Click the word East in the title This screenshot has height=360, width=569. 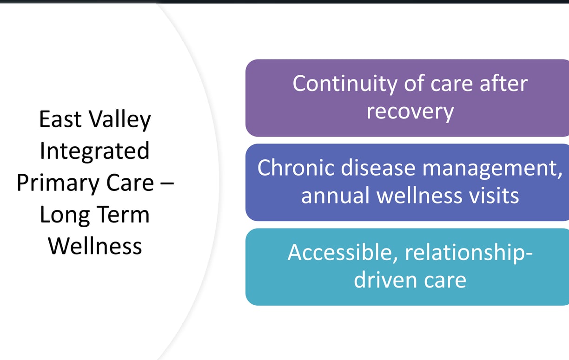click(60, 119)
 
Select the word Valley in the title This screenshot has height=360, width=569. click(119, 120)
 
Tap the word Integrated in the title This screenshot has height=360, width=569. click(94, 151)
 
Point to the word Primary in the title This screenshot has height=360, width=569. click(58, 183)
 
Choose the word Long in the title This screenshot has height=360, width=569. click(65, 215)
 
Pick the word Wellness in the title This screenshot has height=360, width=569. click(95, 246)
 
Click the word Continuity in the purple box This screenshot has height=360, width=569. click(345, 84)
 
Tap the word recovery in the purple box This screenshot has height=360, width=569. click(410, 112)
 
